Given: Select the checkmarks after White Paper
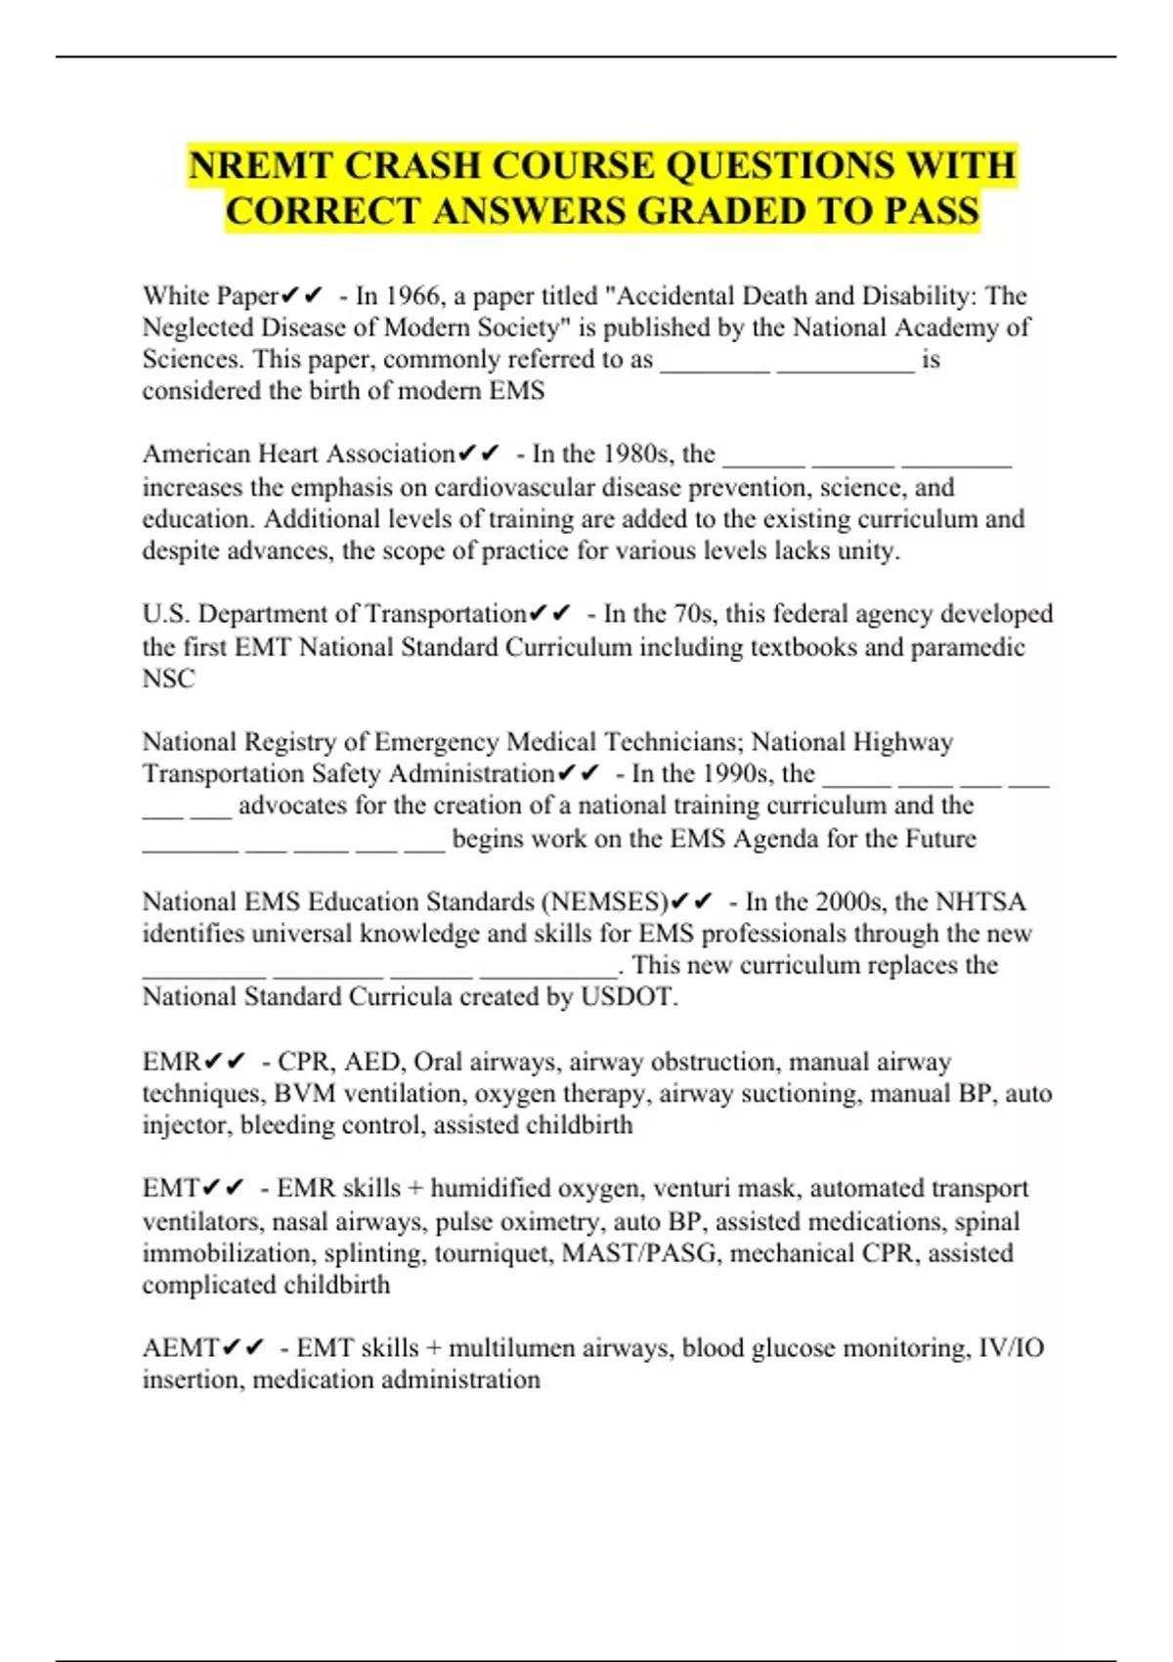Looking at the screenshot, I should coord(302,295).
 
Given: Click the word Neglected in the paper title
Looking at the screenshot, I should coord(198,328).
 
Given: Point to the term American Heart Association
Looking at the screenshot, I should coord(299,454).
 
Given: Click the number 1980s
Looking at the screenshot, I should coord(638,454).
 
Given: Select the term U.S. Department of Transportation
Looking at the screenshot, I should coord(334,614).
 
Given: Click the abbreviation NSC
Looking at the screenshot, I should coord(168,678).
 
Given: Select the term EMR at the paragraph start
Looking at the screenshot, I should coord(171,1062).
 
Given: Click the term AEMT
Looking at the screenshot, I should coord(180,1348).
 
